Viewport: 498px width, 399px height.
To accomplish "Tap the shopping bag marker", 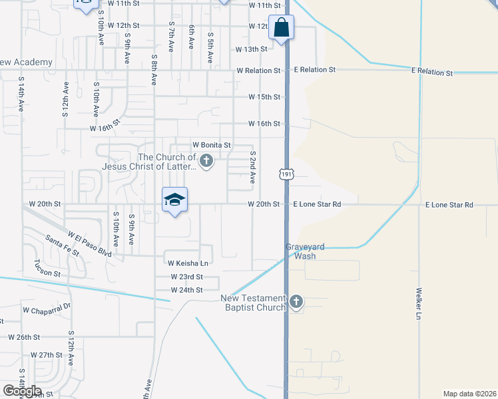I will (x=282, y=28).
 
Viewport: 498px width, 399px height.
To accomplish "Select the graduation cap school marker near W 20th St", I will (x=174, y=200).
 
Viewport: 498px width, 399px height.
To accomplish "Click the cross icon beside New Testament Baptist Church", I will (x=296, y=303).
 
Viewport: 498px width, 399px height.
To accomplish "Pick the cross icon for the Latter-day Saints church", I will (x=206, y=160).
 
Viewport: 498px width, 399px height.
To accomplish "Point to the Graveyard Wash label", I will (x=305, y=251).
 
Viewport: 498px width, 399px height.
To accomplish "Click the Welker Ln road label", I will (x=419, y=305).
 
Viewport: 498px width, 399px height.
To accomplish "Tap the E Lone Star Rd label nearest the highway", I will (x=317, y=204).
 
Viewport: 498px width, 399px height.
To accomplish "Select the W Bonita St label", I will (x=211, y=144).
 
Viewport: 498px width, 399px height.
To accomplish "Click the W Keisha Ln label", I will (x=189, y=263).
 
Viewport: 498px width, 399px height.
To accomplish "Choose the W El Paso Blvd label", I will (x=90, y=243).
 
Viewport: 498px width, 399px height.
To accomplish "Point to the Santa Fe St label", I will (x=62, y=246).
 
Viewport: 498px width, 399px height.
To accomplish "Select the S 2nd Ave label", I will (x=253, y=167).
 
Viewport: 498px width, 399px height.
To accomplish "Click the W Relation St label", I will (x=258, y=70).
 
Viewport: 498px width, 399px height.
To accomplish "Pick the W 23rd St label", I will (x=186, y=277).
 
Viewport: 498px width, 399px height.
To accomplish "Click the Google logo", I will (x=22, y=391).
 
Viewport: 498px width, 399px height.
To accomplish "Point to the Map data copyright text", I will (x=469, y=394).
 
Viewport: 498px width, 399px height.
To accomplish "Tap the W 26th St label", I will (x=25, y=337).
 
